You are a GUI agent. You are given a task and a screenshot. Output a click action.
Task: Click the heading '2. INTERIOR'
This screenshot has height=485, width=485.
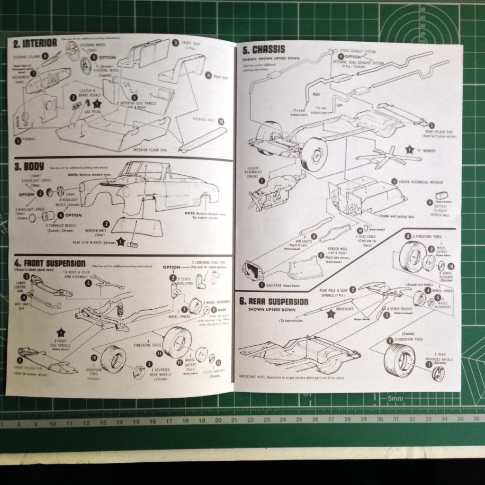tap(36, 43)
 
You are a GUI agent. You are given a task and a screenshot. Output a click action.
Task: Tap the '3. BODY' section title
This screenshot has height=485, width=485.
tap(29, 166)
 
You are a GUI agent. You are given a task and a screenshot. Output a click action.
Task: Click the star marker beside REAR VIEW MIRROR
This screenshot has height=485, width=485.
tap(121, 242)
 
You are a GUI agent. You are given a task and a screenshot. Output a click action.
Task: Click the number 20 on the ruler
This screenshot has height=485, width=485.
tap(217, 420)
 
